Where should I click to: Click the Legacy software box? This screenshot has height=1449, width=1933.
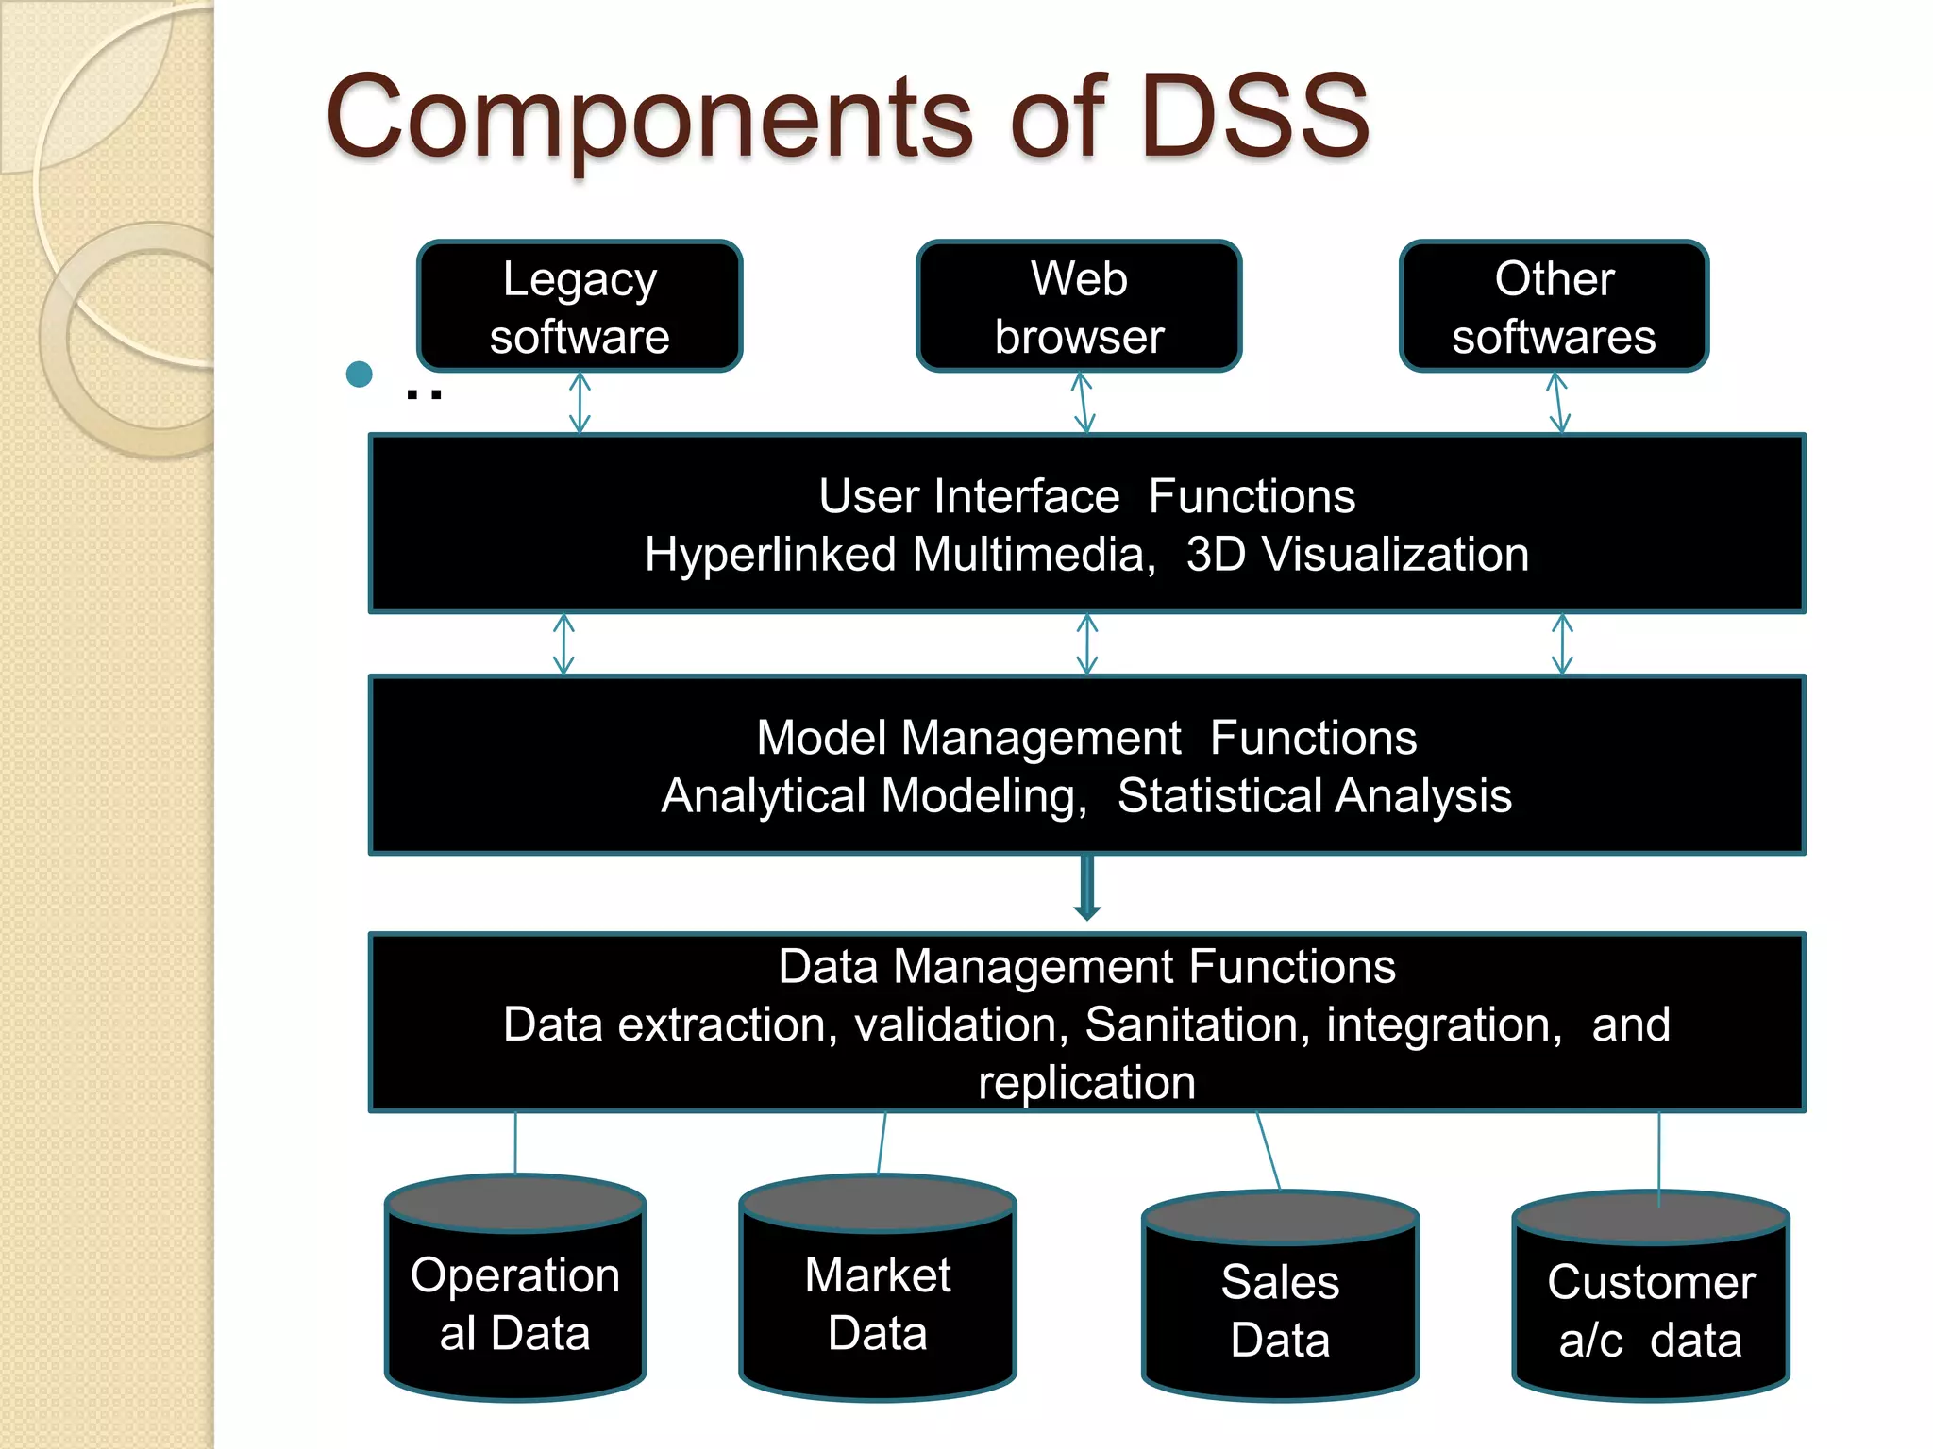(x=580, y=307)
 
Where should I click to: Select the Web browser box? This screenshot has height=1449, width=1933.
(x=1079, y=307)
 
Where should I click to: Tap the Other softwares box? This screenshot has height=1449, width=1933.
(x=1554, y=307)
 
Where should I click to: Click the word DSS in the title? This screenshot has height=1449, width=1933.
(x=1254, y=117)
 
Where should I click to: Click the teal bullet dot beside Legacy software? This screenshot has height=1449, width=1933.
(x=359, y=375)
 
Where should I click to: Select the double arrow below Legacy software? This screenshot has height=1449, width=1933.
(x=580, y=403)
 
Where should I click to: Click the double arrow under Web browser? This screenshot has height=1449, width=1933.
(x=1084, y=403)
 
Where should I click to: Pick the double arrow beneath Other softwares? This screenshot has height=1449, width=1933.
(x=1558, y=403)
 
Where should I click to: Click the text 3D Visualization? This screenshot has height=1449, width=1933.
(x=1357, y=555)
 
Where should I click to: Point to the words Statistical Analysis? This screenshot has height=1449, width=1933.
(x=1314, y=795)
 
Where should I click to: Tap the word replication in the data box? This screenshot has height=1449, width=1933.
(x=1086, y=1083)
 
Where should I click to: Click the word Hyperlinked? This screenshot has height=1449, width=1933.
(x=770, y=555)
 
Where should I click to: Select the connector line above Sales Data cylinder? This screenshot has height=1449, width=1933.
(x=1269, y=1151)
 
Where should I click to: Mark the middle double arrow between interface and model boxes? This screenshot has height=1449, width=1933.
(x=1087, y=644)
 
